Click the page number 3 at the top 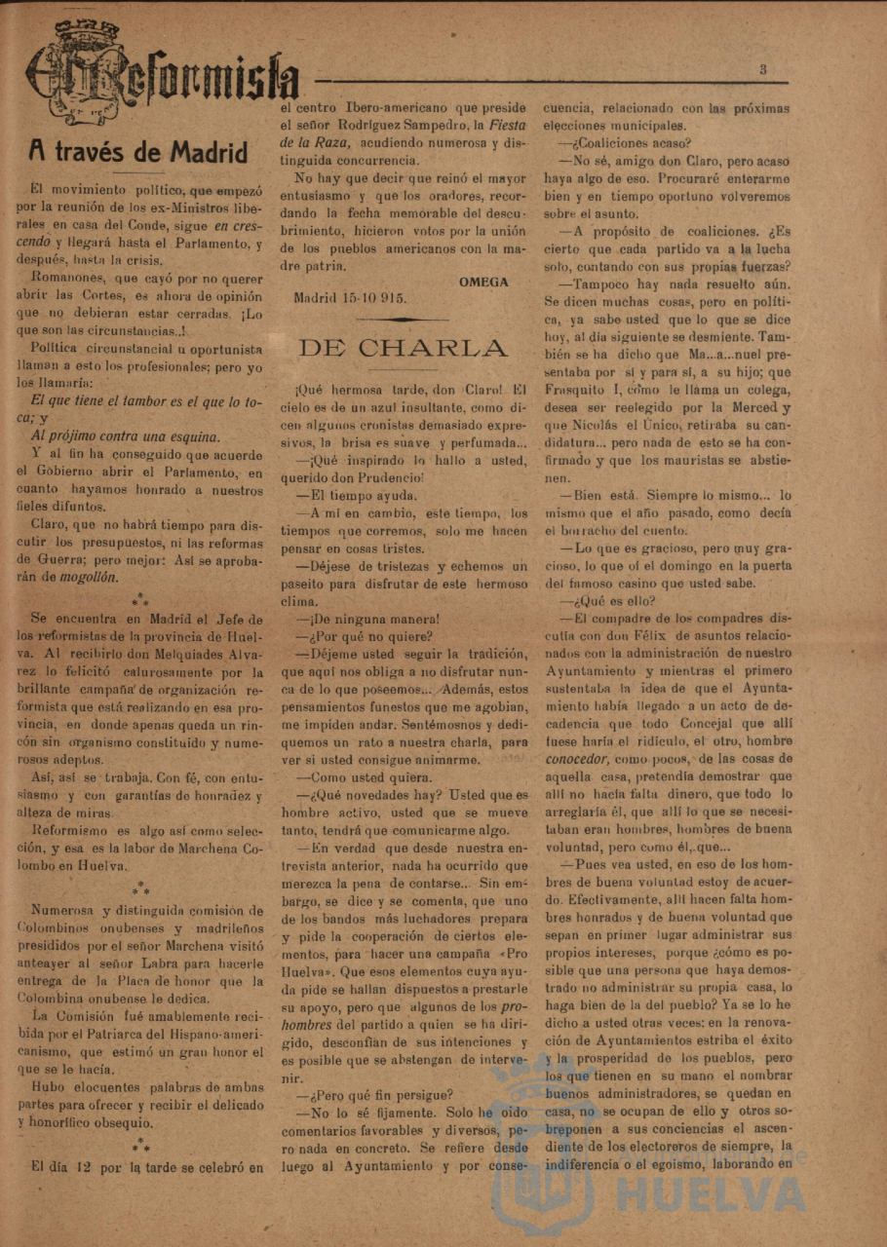(x=763, y=69)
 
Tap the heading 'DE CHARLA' (x=404, y=348)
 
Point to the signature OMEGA (x=483, y=282)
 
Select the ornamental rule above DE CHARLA (x=403, y=319)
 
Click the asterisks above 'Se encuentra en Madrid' (x=140, y=598)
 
